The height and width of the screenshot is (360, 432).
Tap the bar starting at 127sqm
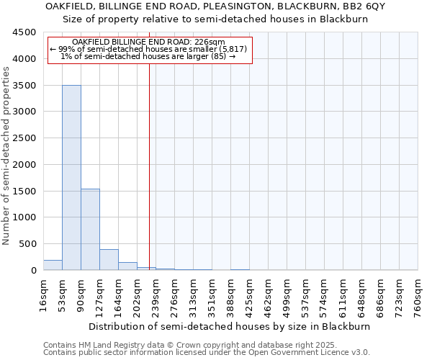[109, 259]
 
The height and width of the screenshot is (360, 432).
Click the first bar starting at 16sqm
[53, 265]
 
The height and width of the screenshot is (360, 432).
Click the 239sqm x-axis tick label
[156, 296]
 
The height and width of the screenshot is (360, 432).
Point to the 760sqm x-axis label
[418, 296]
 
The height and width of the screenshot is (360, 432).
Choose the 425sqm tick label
[250, 296]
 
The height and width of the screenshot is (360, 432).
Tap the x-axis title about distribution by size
[230, 326]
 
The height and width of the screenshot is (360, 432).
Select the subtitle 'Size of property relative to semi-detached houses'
[216, 19]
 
